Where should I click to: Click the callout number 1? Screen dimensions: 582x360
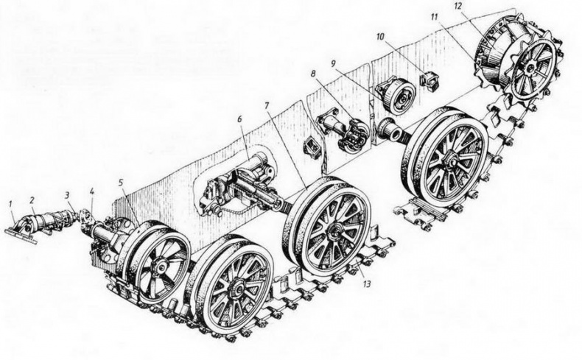(x=11, y=204)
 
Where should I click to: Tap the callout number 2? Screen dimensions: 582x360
(x=32, y=200)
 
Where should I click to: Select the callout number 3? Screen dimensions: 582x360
(x=67, y=195)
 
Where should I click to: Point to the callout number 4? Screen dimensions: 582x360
(x=91, y=192)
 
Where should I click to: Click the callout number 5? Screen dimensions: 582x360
(x=120, y=183)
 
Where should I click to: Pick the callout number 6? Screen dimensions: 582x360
(x=239, y=119)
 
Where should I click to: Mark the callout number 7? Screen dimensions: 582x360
(x=267, y=105)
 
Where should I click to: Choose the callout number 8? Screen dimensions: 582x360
(x=314, y=74)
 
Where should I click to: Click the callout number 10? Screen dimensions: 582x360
(x=379, y=38)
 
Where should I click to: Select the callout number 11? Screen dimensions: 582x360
(x=435, y=17)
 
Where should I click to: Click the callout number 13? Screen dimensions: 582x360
(x=367, y=284)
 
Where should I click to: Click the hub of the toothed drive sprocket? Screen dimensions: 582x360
(x=531, y=68)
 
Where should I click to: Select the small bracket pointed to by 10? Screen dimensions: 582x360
(x=429, y=80)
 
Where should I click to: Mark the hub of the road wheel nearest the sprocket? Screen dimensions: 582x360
(x=450, y=160)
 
